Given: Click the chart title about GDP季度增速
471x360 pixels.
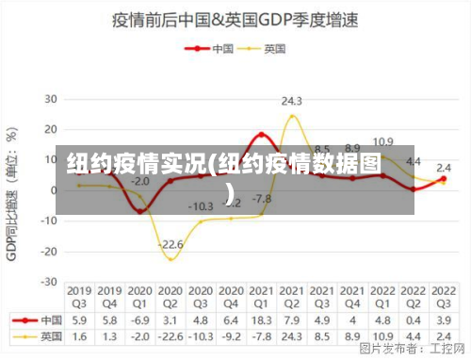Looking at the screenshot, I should point(235,19).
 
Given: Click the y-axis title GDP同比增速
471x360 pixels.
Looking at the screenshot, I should point(12,188).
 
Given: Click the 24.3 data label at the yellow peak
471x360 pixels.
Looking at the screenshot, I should point(291,101).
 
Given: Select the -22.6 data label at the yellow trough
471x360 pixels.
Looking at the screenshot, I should point(171,244).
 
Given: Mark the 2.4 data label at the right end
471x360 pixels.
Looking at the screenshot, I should point(444,168).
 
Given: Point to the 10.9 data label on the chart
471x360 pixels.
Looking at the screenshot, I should point(382,142).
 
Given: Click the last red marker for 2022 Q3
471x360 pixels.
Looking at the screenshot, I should point(443,178).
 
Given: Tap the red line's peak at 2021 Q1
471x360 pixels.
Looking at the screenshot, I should point(261,134).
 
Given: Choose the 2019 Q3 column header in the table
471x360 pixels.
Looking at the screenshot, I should point(80,298).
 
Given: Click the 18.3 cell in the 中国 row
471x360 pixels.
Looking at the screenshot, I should point(261,320).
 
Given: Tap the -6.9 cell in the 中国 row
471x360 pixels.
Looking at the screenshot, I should point(140,320).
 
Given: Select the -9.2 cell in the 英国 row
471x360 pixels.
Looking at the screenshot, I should point(231,335).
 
